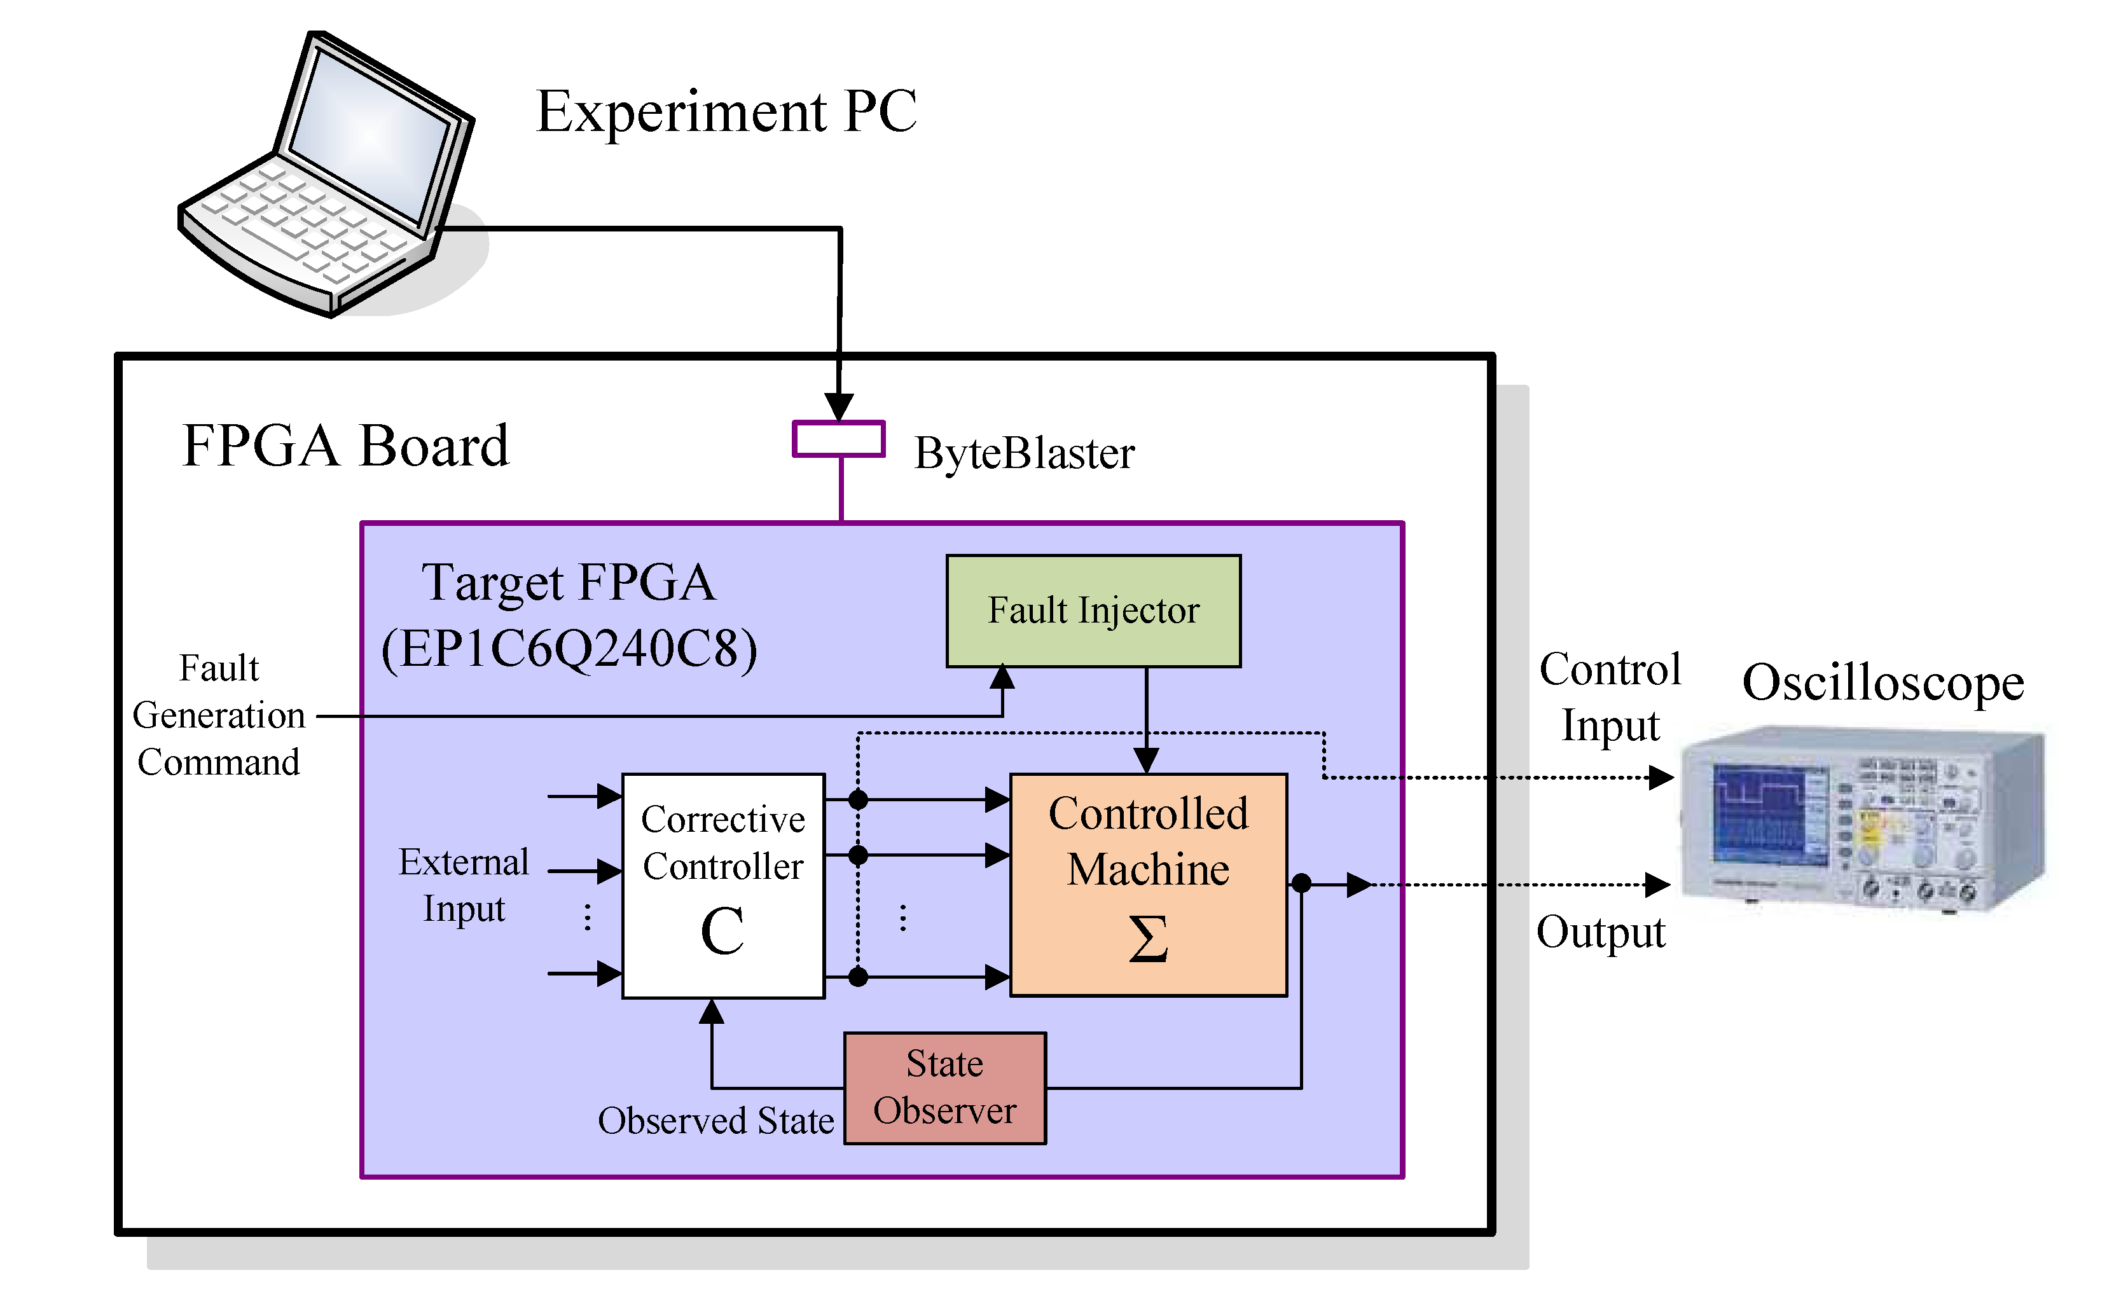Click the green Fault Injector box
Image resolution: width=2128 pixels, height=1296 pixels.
click(1093, 611)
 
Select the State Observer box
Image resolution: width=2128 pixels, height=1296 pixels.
click(945, 1088)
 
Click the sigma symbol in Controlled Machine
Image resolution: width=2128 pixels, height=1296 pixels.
click(1148, 939)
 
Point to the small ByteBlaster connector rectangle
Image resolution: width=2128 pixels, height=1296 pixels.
click(839, 439)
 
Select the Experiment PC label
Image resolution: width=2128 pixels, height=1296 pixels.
click(726, 113)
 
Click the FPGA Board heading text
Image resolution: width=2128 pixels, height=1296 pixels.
click(345, 446)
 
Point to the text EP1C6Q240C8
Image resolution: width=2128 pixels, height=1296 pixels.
click(569, 649)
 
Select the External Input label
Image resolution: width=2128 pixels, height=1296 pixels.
click(464, 885)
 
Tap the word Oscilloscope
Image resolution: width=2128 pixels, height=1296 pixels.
click(1883, 683)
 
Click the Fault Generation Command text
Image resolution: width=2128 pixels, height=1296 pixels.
click(219, 715)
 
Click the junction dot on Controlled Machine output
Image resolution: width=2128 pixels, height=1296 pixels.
click(1301, 883)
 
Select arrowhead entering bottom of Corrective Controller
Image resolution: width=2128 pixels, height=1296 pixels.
click(712, 1012)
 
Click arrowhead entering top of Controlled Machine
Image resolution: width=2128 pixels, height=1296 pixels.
click(1146, 761)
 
